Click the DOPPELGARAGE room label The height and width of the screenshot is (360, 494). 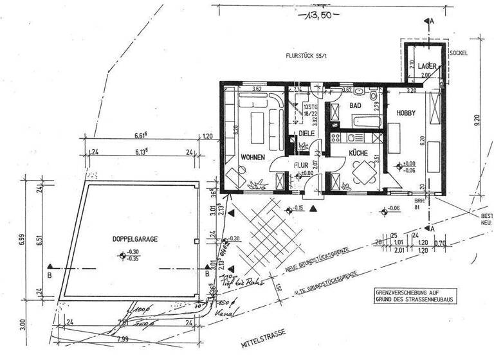point(133,238)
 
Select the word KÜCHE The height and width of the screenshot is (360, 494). point(358,154)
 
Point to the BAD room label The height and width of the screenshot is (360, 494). point(354,105)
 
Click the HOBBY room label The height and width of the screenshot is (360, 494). point(405,113)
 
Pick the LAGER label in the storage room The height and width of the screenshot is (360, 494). point(426,66)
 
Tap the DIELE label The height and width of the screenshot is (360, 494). point(306,133)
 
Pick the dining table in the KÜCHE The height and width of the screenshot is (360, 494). point(362,171)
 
